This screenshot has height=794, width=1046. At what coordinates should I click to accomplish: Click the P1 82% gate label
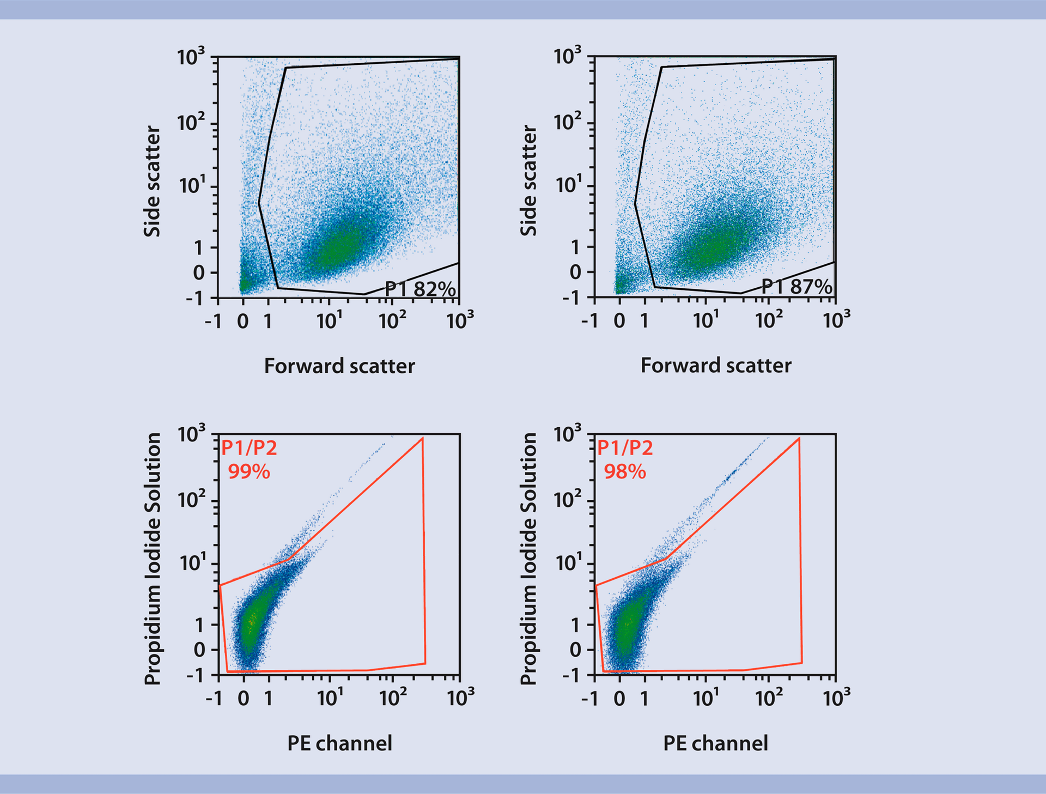(420, 289)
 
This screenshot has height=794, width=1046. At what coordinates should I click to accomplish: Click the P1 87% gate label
(796, 287)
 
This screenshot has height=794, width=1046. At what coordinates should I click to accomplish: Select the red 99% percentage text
(248, 471)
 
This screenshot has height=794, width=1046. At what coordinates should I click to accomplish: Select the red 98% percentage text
(624, 471)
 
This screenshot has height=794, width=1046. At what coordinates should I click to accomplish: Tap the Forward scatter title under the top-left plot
(339, 366)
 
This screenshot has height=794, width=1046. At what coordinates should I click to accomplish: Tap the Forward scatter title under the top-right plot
(716, 365)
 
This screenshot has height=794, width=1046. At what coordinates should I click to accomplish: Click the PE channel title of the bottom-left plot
(339, 743)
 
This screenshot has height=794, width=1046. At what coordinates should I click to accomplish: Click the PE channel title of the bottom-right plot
(715, 743)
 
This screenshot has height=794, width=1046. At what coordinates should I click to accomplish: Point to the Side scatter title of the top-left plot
(152, 181)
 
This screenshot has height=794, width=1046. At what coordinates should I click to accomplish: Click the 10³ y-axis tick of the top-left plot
(191, 57)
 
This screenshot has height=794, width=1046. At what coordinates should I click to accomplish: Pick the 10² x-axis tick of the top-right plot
(769, 320)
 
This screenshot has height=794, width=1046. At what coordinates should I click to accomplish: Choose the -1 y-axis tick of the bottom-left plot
(195, 676)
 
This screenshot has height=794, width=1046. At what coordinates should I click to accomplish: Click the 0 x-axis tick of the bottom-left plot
(244, 698)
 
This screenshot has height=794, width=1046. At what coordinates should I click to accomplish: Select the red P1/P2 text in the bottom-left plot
(249, 448)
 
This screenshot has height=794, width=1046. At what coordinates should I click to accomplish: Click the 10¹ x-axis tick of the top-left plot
(330, 320)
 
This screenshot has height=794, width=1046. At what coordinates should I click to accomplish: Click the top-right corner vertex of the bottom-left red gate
(422, 438)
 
